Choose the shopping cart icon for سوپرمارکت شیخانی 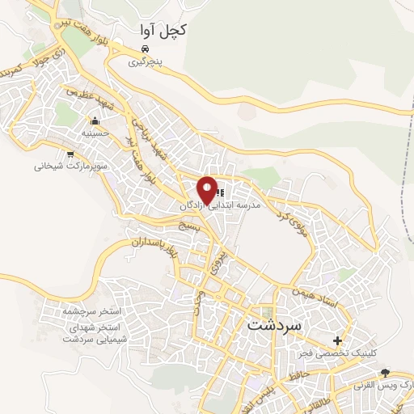tap(71, 154)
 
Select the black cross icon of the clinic tap(337, 340)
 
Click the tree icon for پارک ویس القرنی tap(385, 373)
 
